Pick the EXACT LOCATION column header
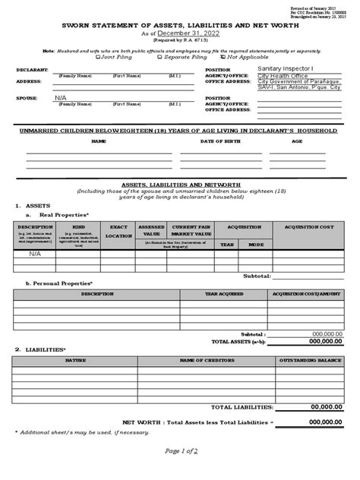pyautogui.click(x=118, y=231)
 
